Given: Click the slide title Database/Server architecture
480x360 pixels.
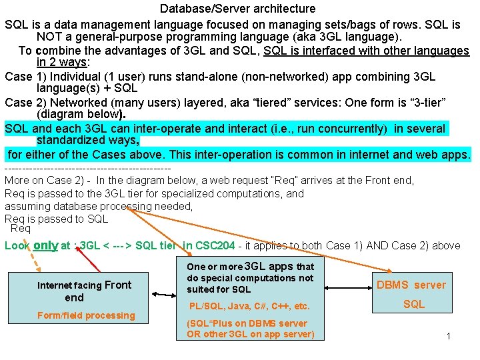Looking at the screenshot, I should click(237, 9).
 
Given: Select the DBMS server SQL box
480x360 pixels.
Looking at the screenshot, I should click(411, 294).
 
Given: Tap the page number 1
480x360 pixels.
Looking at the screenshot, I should click(448, 336).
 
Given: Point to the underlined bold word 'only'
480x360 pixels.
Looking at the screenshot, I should click(46, 245).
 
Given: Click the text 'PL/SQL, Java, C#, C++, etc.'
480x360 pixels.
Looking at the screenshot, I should click(249, 307).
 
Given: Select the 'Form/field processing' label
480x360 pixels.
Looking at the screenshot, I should click(86, 315).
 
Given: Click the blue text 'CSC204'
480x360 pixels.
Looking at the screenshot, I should click(215, 246).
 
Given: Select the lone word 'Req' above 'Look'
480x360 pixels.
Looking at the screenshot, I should click(21, 229).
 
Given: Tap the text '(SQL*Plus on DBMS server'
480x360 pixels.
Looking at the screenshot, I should click(247, 323).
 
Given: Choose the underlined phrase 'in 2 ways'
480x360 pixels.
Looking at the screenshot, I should click(62, 63).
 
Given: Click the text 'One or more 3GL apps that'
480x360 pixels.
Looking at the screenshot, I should click(250, 266).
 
